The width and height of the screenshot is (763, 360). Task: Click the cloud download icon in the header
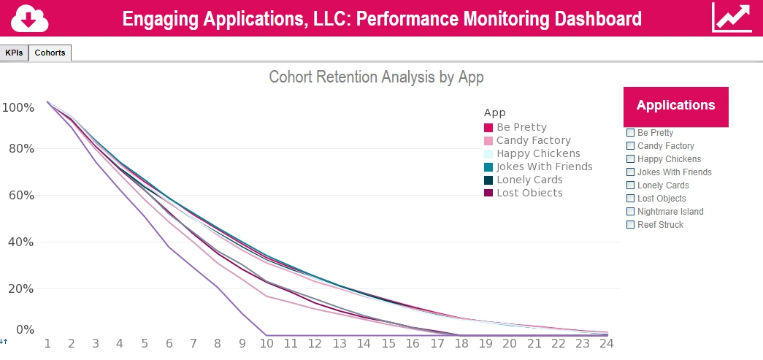pos(30,18)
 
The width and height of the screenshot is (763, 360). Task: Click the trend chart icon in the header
pos(732,18)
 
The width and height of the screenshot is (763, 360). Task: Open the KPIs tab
pos(14,53)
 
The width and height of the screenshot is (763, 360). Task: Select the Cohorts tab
pos(50,53)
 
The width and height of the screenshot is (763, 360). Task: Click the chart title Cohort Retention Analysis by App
pos(376,77)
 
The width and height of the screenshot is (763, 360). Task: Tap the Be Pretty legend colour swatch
pos(488,128)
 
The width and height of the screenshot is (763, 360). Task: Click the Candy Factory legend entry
pos(533,140)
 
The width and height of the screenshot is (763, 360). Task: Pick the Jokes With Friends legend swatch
pos(488,167)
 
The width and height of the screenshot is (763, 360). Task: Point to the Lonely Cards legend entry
pos(529,180)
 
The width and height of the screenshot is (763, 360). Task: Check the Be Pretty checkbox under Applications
pos(631,133)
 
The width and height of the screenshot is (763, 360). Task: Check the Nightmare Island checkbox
pos(631,212)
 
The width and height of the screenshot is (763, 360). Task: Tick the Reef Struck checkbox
pos(631,225)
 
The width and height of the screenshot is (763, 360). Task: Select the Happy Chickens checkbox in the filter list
pos(631,159)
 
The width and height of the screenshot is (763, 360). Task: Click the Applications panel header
pos(675,106)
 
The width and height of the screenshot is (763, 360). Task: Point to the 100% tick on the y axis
pos(18,108)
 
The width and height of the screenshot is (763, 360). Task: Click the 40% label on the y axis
pos(18,242)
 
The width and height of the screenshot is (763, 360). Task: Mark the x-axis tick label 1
pos(47,343)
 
